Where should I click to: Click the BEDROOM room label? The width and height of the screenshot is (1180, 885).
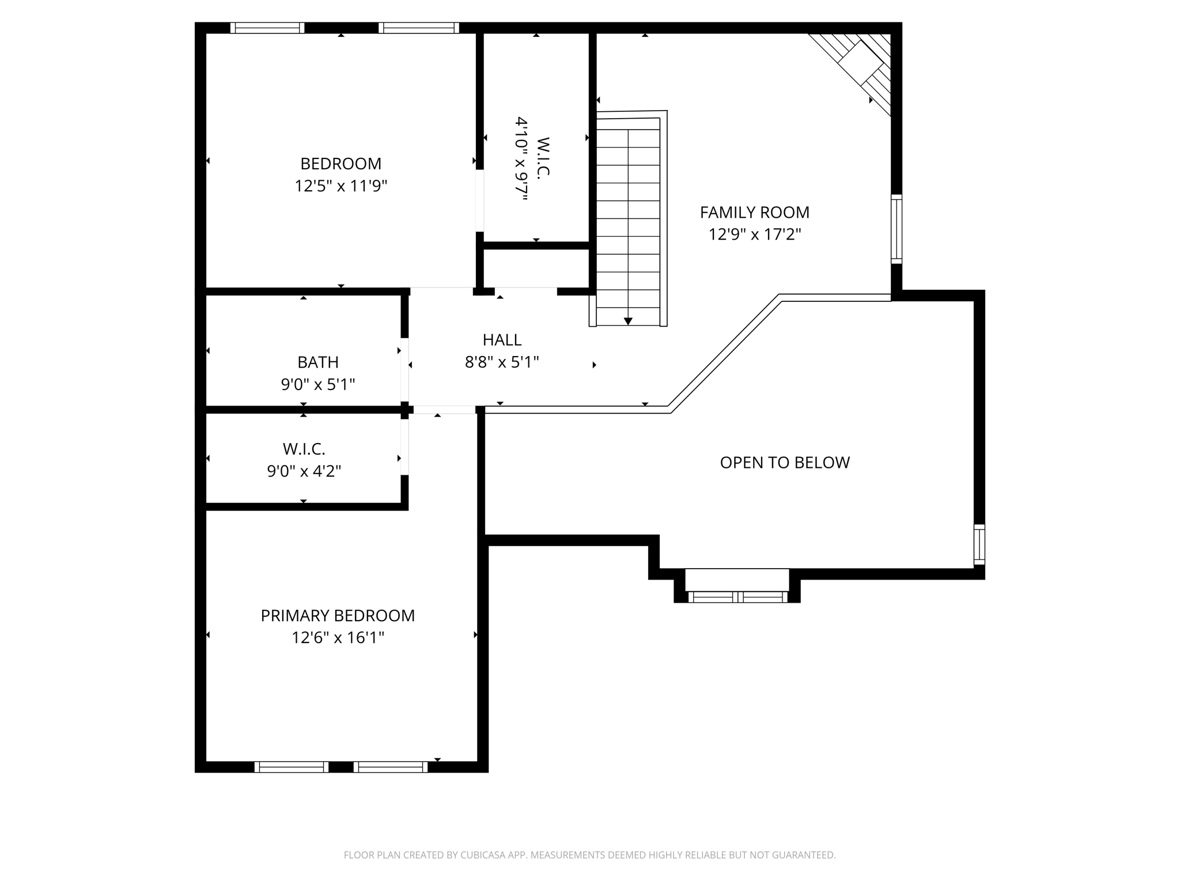[341, 164]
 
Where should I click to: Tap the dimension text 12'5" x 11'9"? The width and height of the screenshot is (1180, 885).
[341, 186]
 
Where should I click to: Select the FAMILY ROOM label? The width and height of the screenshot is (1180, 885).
[754, 213]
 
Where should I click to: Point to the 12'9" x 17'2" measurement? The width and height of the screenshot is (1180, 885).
[754, 235]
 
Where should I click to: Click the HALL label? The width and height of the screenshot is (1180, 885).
[502, 340]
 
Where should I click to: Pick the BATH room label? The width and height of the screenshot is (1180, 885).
[318, 362]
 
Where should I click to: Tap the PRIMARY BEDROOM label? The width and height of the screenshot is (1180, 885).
[338, 616]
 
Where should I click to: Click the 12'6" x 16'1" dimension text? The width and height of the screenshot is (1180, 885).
[338, 638]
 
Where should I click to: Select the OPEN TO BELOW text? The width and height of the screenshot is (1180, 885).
[785, 463]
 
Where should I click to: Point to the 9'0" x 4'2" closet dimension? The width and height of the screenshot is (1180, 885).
[304, 471]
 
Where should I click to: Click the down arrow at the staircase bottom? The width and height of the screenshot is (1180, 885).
[628, 321]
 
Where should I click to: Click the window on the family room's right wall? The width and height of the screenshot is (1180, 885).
[896, 229]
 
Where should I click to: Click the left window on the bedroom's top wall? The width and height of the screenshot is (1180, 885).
[267, 28]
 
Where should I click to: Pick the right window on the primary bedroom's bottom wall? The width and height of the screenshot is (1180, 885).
[391, 767]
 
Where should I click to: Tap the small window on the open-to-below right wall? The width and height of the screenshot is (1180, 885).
[979, 544]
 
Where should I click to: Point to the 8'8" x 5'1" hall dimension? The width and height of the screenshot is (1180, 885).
[502, 362]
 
